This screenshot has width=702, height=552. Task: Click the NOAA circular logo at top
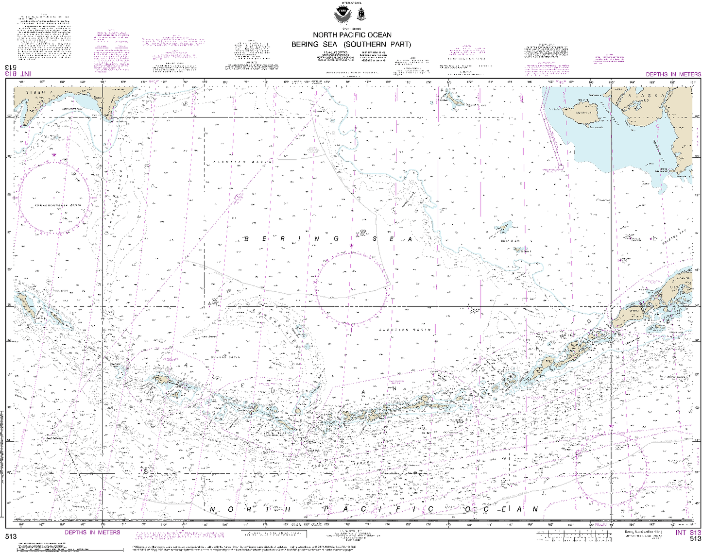[x=342, y=15]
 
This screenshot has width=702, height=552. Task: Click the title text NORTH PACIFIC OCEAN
[x=352, y=35]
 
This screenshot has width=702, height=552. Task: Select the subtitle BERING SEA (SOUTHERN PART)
[x=351, y=44]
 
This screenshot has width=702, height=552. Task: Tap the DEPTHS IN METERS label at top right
[x=673, y=74]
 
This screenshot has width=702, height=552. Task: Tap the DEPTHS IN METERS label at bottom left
[x=92, y=533]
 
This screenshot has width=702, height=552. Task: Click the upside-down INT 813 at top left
[x=18, y=74]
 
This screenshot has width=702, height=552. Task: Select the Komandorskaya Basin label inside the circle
[x=57, y=206]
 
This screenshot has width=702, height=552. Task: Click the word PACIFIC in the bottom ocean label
[x=377, y=509]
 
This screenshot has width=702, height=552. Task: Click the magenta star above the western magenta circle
[x=53, y=155]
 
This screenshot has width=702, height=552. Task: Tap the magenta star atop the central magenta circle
[x=351, y=246]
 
